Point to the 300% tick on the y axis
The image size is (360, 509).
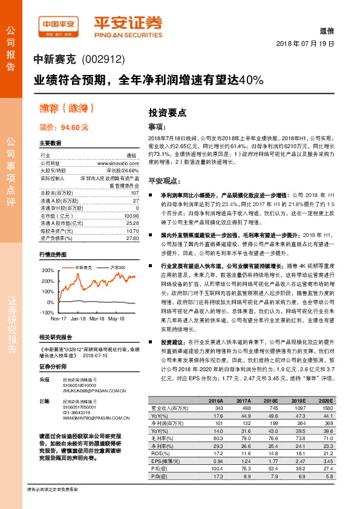(x=47, y=270)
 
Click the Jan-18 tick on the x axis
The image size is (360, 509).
(x=78, y=318)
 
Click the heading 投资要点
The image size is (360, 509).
(x=168, y=113)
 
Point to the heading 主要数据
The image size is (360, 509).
(x=50, y=143)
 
